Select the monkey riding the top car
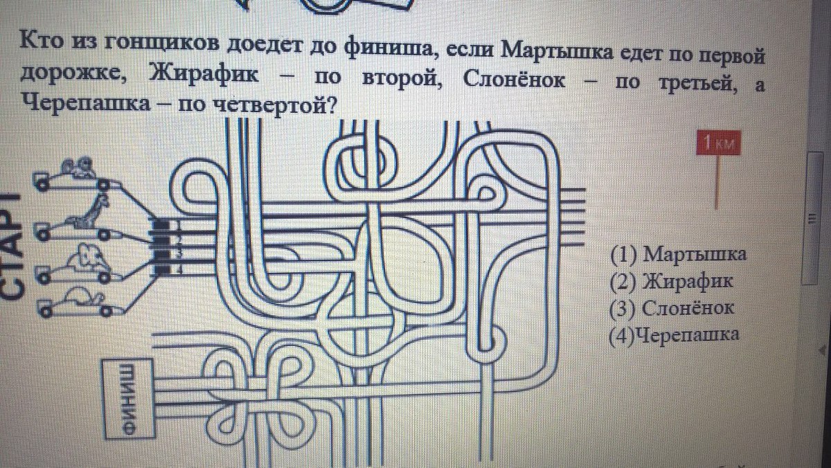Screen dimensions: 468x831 pyautogui.click(x=78, y=168)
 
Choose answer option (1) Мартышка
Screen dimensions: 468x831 pyautogui.click(x=678, y=254)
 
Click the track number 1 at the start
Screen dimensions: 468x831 pyautogui.click(x=179, y=225)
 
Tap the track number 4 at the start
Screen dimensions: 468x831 pyautogui.click(x=179, y=269)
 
